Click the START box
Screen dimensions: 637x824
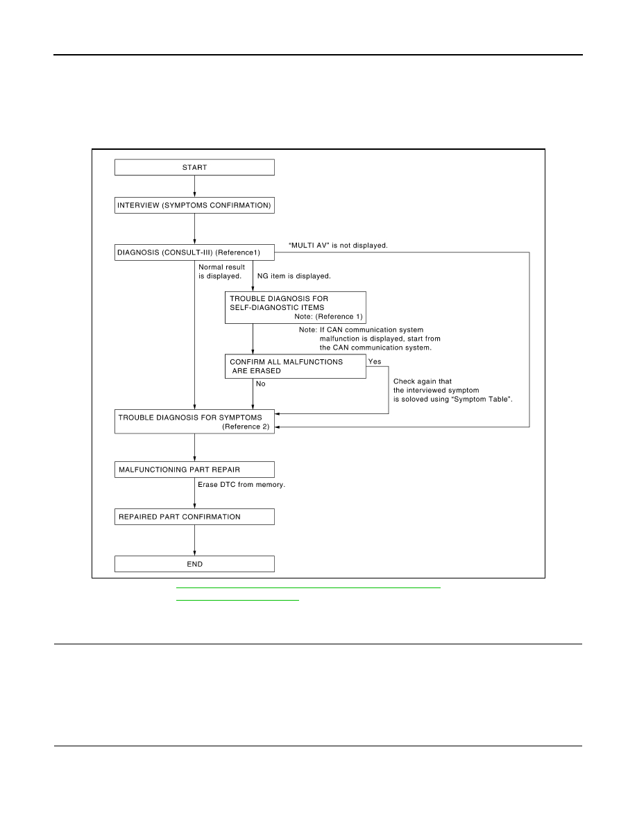click(194, 167)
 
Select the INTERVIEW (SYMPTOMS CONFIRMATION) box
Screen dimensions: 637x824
click(194, 205)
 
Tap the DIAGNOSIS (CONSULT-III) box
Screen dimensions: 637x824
click(194, 252)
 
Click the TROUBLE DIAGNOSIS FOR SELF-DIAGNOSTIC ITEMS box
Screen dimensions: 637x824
click(296, 307)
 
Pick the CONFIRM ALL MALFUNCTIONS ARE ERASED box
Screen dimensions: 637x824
click(296, 366)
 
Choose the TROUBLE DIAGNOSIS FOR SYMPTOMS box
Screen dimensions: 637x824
click(194, 422)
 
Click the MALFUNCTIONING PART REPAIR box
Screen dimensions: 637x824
click(194, 470)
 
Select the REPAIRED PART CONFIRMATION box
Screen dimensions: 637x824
click(194, 517)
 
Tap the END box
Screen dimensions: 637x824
click(194, 564)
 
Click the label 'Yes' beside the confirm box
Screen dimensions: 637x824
click(375, 361)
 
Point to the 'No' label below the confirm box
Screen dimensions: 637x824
click(261, 384)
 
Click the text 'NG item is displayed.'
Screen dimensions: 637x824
click(294, 276)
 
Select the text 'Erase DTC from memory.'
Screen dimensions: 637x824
click(241, 485)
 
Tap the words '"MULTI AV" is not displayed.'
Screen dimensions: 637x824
click(338, 246)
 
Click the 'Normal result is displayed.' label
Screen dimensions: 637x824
click(221, 271)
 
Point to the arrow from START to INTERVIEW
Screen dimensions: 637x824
click(194, 186)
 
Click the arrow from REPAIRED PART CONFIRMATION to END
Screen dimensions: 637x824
click(194, 540)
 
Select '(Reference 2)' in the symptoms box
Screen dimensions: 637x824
click(246, 427)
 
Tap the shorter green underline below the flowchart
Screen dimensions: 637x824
click(237, 599)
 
